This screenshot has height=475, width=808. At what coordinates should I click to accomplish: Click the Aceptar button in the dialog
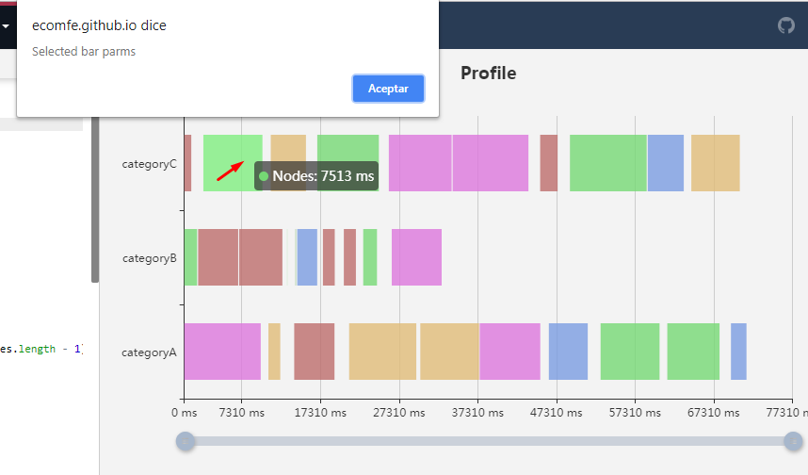click(388, 89)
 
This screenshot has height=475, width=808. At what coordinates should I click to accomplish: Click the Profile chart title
click(488, 73)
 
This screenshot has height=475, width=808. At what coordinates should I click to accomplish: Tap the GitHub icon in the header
click(786, 25)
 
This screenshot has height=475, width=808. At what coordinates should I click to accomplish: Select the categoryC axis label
click(149, 163)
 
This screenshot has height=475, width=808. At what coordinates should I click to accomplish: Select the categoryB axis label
click(149, 257)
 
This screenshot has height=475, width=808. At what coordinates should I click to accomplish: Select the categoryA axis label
click(149, 352)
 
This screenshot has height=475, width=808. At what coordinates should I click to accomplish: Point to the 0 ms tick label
click(184, 413)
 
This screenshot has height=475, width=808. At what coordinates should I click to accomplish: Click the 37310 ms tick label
click(477, 413)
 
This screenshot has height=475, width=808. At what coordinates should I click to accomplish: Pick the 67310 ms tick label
click(714, 413)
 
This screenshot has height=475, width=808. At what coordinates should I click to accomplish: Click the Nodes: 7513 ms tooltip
click(316, 175)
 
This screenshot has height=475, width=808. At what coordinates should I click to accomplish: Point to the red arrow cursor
click(230, 170)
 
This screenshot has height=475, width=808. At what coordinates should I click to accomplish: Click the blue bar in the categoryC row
click(665, 163)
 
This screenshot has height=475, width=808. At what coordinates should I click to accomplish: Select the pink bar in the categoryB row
click(416, 257)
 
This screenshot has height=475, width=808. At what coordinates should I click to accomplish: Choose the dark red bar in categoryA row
click(314, 352)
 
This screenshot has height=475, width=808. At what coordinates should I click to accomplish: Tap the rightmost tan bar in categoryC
click(715, 163)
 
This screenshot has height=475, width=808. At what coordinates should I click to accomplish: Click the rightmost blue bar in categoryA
click(738, 352)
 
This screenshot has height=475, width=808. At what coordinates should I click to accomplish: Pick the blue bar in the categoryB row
click(307, 257)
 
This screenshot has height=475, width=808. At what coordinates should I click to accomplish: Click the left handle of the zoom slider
click(186, 441)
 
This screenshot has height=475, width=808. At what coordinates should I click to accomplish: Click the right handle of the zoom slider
click(793, 441)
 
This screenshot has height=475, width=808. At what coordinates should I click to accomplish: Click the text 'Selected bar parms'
click(84, 52)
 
